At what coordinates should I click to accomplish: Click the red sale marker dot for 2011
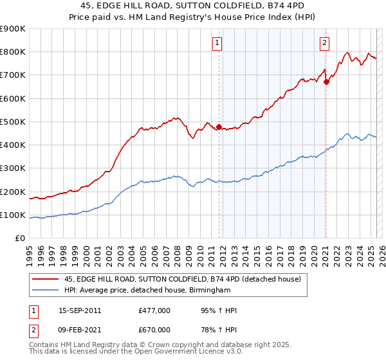tap(219, 127)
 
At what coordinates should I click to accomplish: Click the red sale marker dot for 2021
tap(326, 82)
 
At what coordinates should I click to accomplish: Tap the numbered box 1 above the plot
tap(218, 43)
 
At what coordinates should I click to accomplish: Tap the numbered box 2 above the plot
tap(324, 43)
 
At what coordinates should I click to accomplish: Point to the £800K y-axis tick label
tap(13, 52)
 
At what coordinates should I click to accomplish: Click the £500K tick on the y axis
tap(13, 122)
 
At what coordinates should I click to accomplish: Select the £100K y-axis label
tap(13, 215)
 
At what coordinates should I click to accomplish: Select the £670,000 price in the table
tap(154, 330)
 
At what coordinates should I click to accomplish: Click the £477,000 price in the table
tap(154, 310)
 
